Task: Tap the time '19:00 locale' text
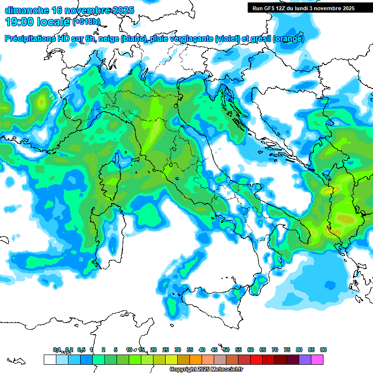(x=37, y=22)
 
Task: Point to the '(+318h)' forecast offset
(x=86, y=22)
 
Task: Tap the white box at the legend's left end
(x=50, y=359)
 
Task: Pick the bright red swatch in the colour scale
(x=256, y=359)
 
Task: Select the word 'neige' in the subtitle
(x=109, y=39)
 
